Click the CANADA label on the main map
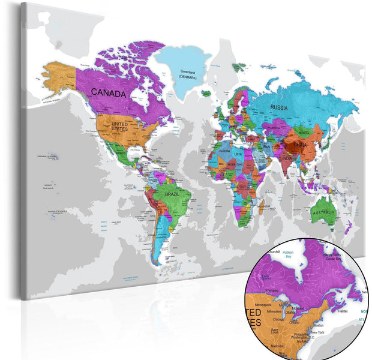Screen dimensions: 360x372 point(109,94)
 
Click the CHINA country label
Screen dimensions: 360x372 point(300,145)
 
